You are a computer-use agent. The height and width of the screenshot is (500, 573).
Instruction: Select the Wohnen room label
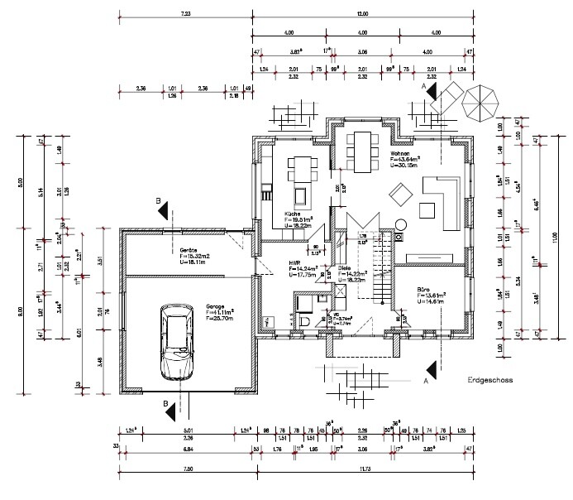click(399, 153)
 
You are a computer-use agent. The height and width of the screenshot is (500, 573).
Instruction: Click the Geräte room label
click(188, 250)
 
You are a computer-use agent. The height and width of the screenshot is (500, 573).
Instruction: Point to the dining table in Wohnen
click(362, 153)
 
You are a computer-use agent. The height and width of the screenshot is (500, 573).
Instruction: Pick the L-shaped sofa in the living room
click(440, 204)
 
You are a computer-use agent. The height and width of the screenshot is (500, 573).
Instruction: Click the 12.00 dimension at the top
click(362, 14)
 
